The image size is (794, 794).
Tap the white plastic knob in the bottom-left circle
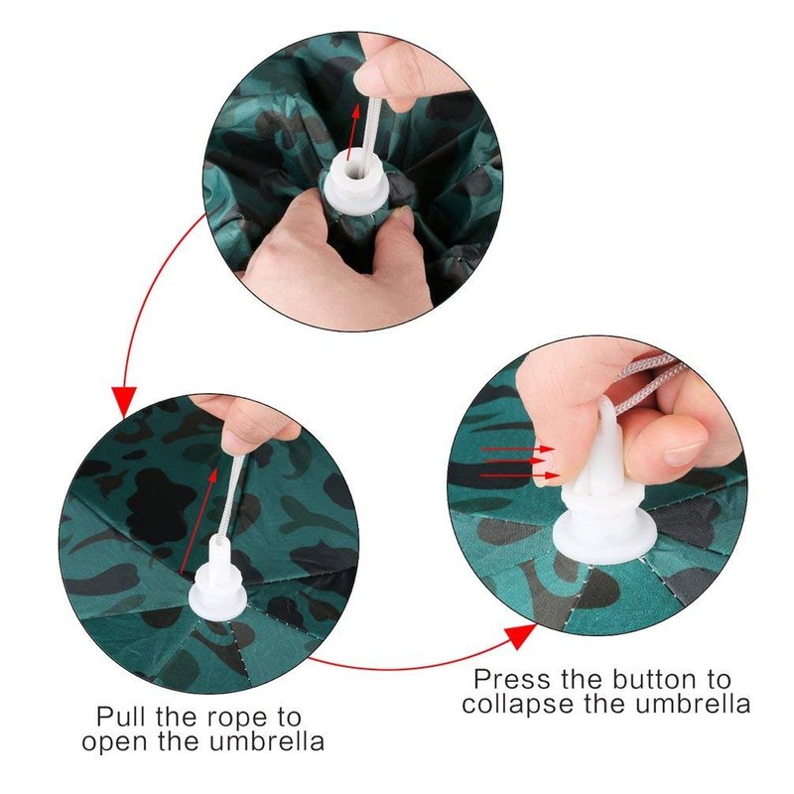pyautogui.click(x=218, y=582)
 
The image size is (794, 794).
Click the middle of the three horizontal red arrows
pyautogui.click(x=513, y=462)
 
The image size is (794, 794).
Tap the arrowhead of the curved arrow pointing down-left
pyautogui.click(x=124, y=403)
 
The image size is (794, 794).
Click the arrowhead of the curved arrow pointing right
pyautogui.click(x=522, y=636)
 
